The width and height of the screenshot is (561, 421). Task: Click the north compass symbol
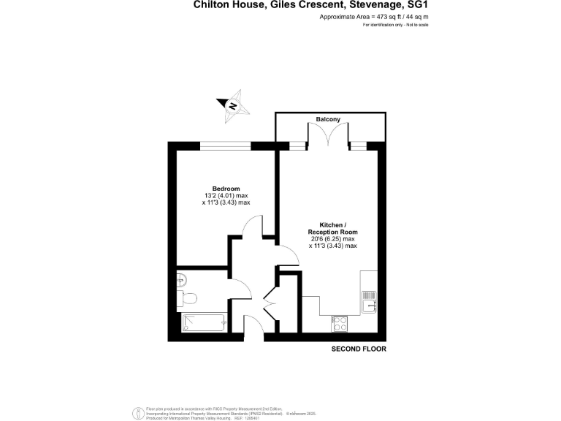(233, 105)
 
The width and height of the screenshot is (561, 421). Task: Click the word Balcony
(328, 118)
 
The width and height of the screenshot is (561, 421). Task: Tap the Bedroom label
(226, 187)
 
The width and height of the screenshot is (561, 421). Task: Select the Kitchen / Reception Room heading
(332, 227)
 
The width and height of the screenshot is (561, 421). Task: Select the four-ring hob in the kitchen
(340, 322)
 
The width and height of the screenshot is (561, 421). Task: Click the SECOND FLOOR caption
(359, 349)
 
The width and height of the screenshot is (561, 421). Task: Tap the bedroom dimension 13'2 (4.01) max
(226, 195)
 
